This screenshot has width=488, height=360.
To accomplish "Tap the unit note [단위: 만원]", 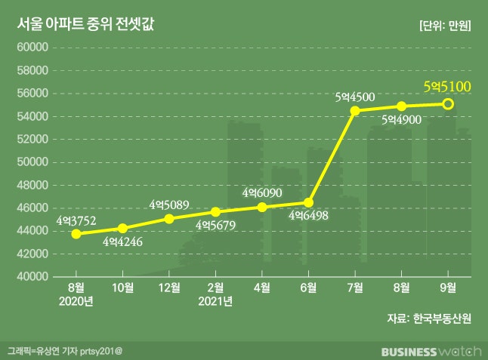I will point(445,25).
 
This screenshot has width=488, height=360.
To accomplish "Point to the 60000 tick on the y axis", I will point(33,48).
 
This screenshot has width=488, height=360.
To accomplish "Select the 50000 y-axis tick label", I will point(33,162).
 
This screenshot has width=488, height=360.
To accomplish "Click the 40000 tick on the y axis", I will point(33,277).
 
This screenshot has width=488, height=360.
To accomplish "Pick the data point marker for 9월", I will point(448,104).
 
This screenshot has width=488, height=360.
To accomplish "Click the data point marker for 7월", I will point(355,110).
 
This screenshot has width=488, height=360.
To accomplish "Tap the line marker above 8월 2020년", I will point(76,234).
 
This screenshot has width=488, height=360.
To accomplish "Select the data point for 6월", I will point(309,202).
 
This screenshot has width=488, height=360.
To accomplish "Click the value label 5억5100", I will point(447,87).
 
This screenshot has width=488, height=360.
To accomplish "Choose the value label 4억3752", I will point(76,220).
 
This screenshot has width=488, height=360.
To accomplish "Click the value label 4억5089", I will point(169,205).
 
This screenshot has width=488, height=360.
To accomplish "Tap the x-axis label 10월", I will point(123,288).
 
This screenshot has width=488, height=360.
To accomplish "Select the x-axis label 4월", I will point(262,288).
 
